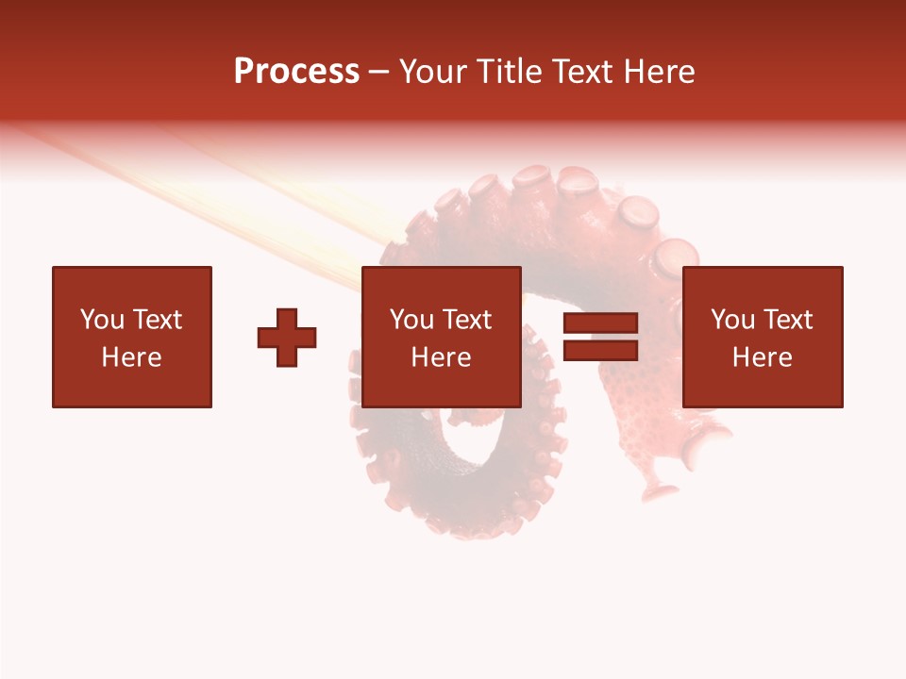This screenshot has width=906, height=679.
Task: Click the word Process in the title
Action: (296, 72)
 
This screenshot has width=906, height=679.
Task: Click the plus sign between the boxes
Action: (287, 338)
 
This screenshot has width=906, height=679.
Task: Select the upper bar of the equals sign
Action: (600, 323)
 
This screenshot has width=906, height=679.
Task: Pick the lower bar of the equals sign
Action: (600, 351)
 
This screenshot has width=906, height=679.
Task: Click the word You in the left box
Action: (103, 320)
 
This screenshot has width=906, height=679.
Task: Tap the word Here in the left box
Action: (131, 357)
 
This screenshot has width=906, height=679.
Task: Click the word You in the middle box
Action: (412, 320)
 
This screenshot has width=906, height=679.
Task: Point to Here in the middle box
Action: (441, 357)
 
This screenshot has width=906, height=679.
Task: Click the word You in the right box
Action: (733, 320)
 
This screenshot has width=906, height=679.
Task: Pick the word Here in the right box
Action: (762, 357)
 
